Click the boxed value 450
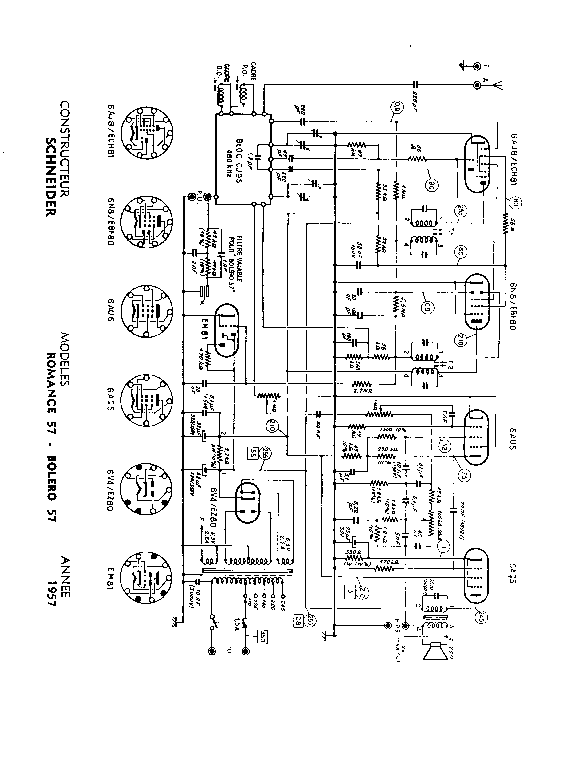tap(262, 636)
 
